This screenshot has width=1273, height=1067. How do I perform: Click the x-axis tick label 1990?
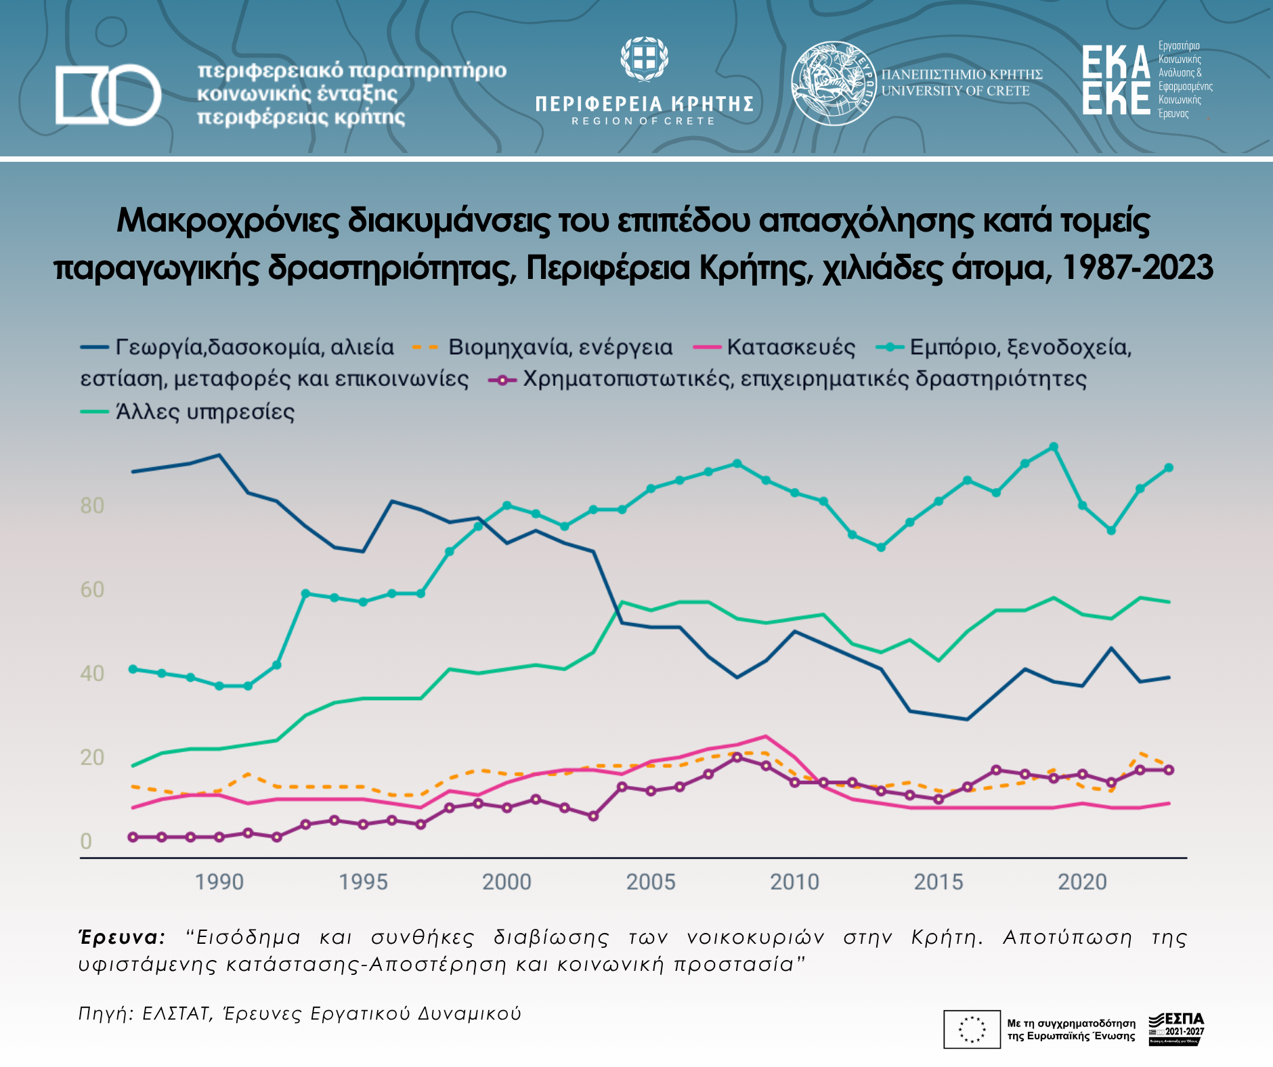point(219,882)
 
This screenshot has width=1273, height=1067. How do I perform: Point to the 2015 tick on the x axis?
point(938,882)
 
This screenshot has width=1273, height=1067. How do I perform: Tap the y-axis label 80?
point(92,506)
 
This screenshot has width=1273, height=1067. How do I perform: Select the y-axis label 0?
point(86,842)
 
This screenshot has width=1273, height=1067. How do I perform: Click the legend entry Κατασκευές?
point(790,347)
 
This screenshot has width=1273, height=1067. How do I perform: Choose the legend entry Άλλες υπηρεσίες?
point(204,412)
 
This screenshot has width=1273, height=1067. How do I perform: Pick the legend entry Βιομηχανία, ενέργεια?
point(559,347)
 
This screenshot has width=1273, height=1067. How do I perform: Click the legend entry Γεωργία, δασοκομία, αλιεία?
point(254,347)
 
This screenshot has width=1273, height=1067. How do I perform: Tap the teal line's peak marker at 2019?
point(1054,447)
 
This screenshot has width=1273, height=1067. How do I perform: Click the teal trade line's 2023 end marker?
point(1169,468)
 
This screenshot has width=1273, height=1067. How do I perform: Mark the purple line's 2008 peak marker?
point(737,757)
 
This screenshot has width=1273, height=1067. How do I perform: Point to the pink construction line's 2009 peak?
point(766,736)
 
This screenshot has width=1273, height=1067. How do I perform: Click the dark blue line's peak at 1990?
point(219,455)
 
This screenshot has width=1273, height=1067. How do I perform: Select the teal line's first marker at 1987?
point(133,669)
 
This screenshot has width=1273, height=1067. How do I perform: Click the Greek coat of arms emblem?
point(644,60)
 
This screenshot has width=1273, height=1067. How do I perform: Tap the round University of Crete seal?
point(834,83)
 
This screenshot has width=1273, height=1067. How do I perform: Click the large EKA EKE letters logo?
point(1115,80)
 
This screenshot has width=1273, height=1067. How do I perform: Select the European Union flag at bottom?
point(972,1029)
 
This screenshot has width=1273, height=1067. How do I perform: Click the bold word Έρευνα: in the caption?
point(123,938)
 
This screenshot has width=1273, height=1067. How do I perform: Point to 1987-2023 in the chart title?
point(1137,268)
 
